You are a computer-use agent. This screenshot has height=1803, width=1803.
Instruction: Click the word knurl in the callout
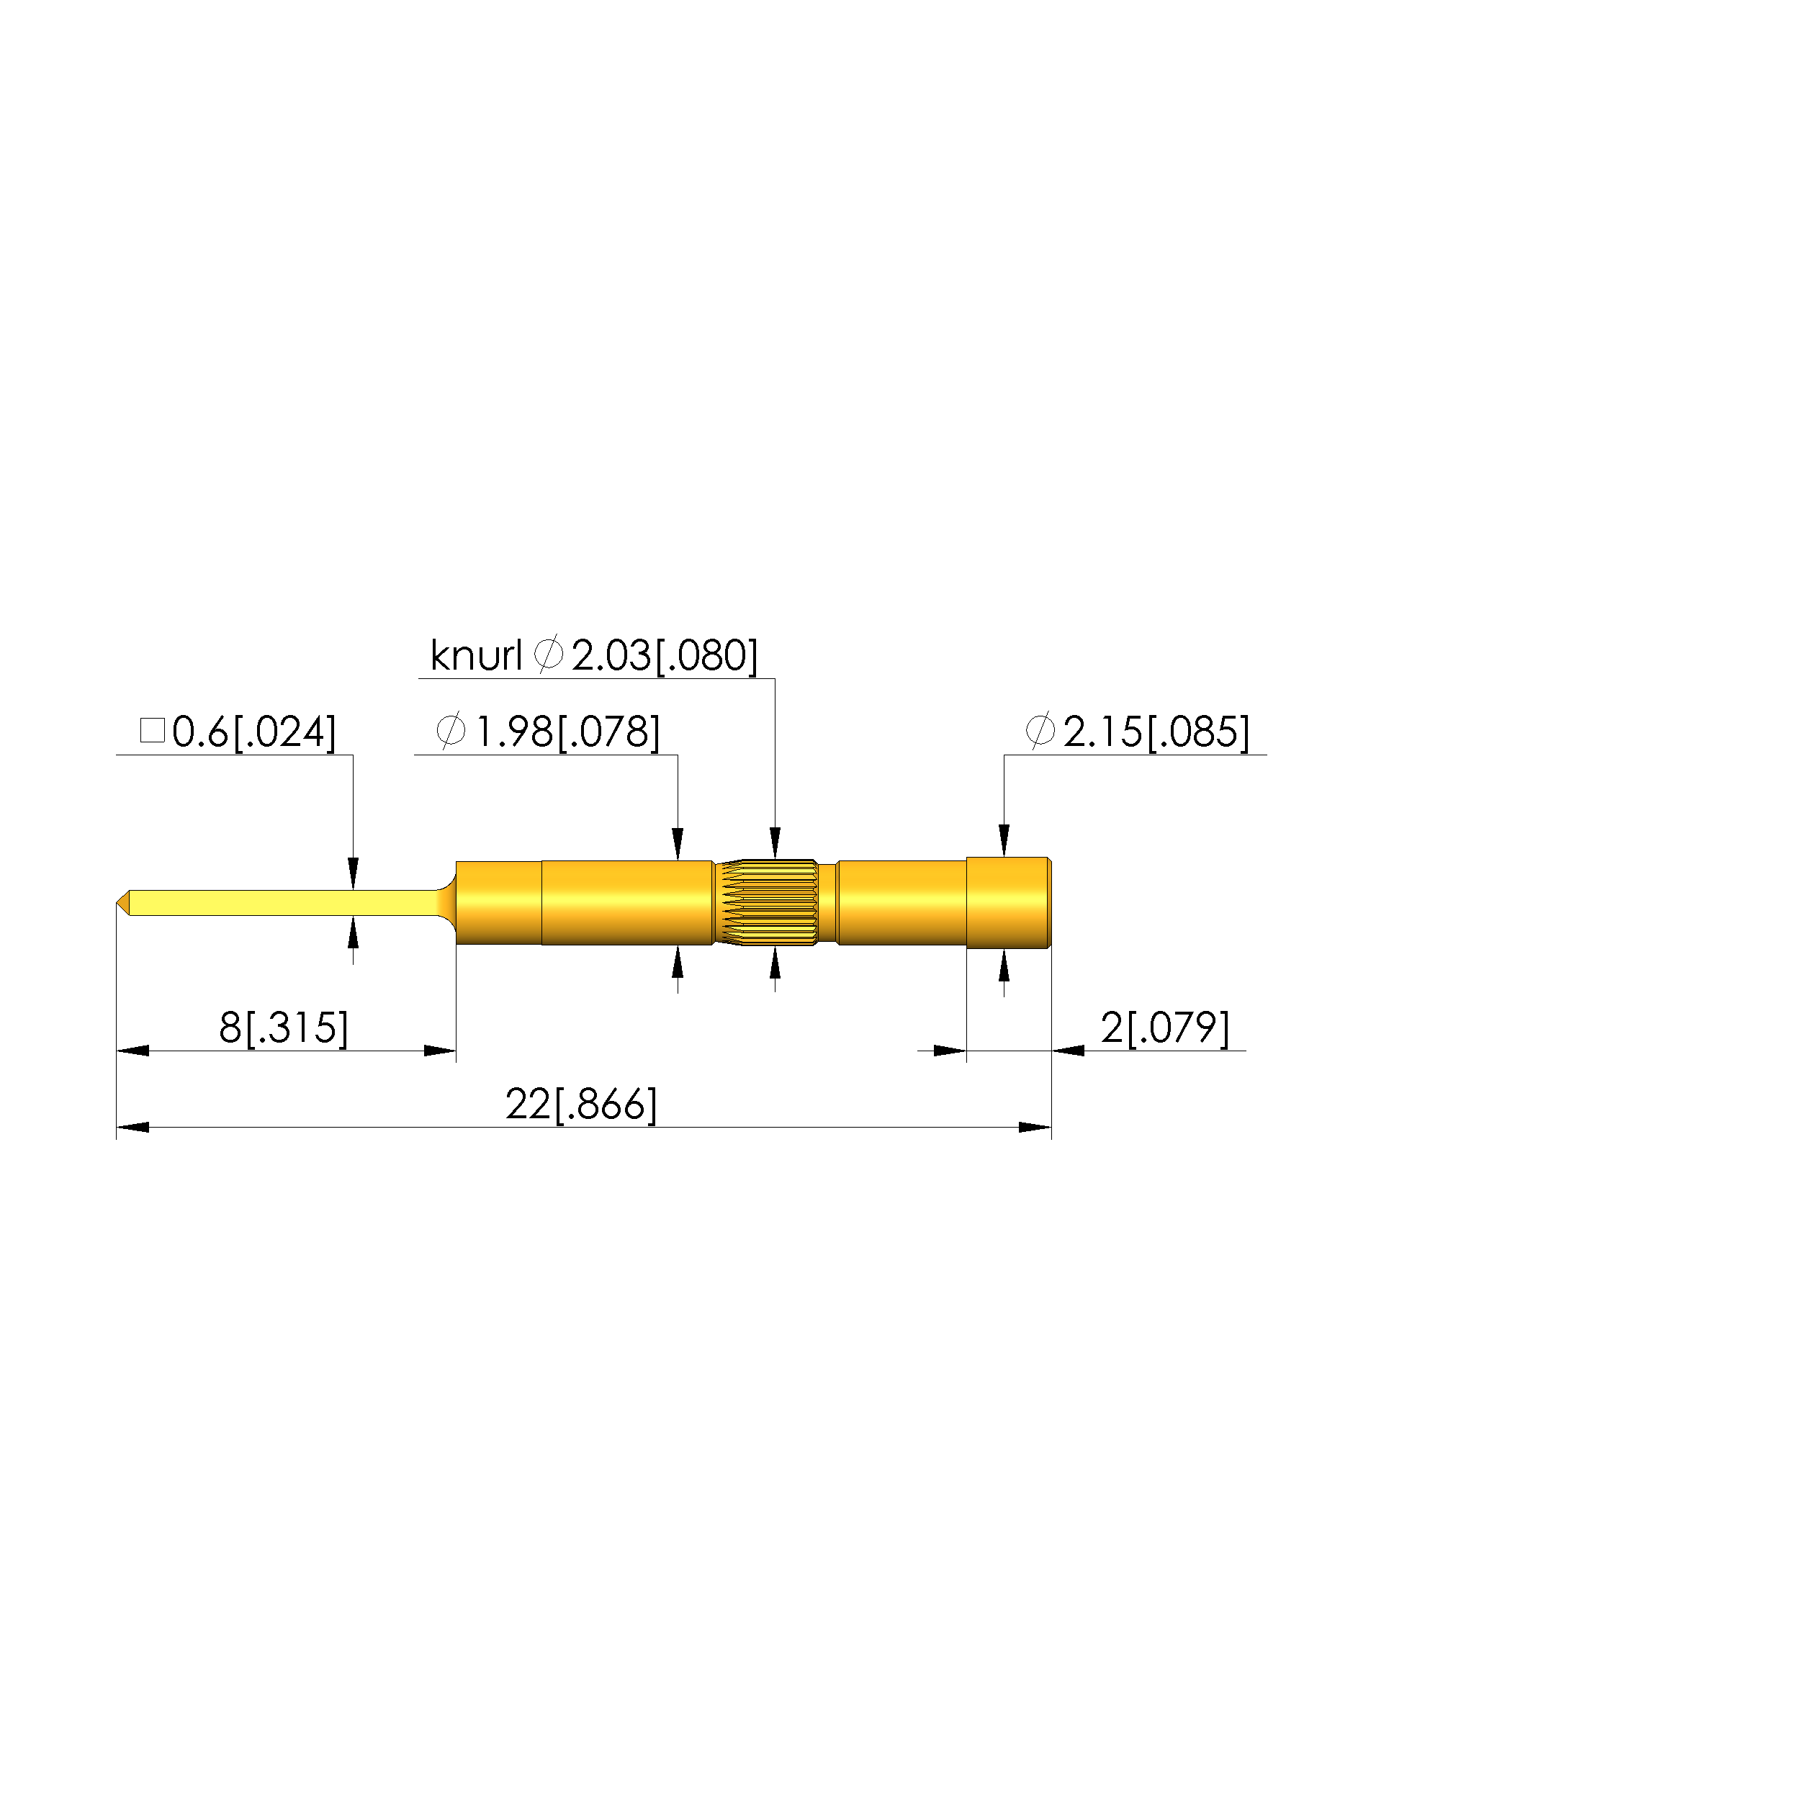476,655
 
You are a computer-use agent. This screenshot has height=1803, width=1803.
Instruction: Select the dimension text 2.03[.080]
665,655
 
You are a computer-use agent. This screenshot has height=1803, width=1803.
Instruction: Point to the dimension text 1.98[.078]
567,732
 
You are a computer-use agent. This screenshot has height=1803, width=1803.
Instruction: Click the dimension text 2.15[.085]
1156,732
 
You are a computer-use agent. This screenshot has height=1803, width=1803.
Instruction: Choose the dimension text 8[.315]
284,1028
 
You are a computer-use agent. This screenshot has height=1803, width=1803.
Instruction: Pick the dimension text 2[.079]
1164,1028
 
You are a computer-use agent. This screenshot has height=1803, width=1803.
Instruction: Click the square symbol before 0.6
152,730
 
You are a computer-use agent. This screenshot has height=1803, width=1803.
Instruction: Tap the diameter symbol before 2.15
1040,731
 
